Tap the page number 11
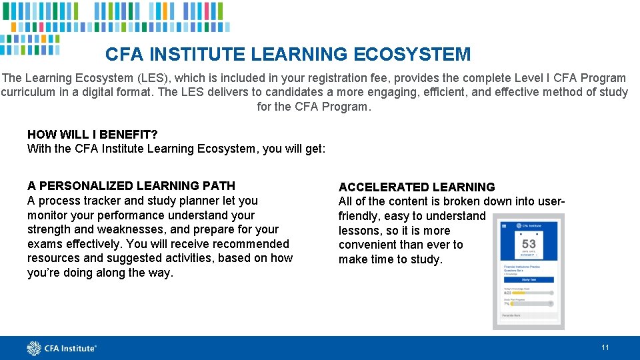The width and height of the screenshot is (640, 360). click(605, 347)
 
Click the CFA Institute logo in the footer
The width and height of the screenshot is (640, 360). click(61, 348)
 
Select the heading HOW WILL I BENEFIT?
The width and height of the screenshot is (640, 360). click(92, 135)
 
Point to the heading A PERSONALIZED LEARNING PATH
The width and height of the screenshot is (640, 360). click(131, 185)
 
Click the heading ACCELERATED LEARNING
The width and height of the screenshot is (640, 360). click(417, 187)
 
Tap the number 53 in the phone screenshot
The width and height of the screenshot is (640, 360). click(529, 244)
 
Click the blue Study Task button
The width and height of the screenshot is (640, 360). click(529, 280)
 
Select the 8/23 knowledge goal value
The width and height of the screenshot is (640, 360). click(507, 292)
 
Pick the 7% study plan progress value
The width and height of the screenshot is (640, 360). click(506, 303)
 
